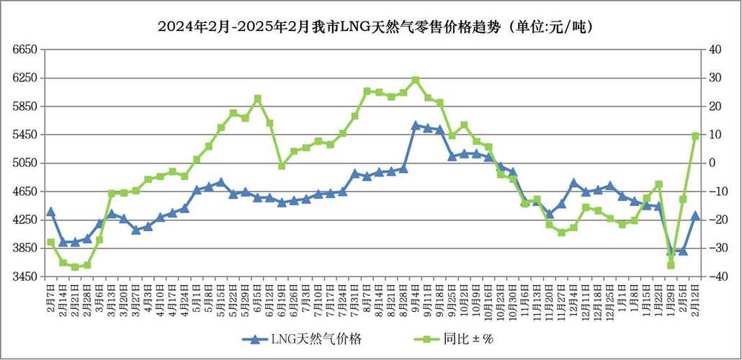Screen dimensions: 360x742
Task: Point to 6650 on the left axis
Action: click(x=24, y=50)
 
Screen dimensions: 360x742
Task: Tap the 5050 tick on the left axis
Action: click(x=24, y=163)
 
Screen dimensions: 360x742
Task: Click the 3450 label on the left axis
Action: click(x=24, y=276)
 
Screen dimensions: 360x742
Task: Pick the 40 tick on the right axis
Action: click(x=715, y=50)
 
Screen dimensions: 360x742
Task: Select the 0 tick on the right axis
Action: click(x=712, y=163)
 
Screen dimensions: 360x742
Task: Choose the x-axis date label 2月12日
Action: click(x=696, y=298)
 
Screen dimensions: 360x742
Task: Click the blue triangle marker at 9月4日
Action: click(x=416, y=125)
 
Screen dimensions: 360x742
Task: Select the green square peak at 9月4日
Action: click(x=416, y=80)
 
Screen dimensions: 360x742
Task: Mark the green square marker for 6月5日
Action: click(x=257, y=99)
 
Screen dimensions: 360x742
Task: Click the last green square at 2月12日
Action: click(x=696, y=135)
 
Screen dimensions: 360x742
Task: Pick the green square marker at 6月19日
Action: click(x=282, y=166)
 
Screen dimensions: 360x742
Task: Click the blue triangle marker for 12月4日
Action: click(x=574, y=183)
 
